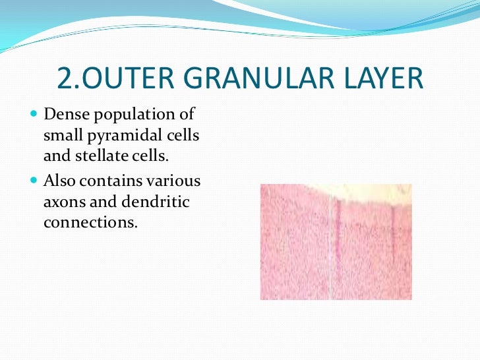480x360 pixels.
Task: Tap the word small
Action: (60, 136)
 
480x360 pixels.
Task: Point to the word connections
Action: (90, 223)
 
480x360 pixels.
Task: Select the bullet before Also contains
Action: (34, 181)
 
